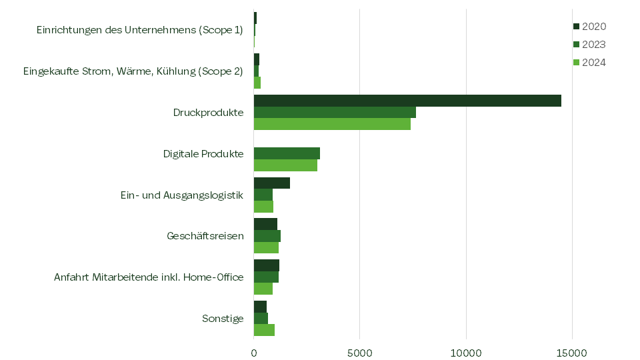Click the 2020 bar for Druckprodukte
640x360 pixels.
pyautogui.click(x=407, y=101)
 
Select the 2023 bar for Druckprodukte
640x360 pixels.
pyautogui.click(x=335, y=112)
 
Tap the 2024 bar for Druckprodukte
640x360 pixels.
pyautogui.click(x=332, y=124)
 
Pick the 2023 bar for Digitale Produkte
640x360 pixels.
pyautogui.click(x=287, y=153)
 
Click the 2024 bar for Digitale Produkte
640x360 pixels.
pyautogui.click(x=285, y=165)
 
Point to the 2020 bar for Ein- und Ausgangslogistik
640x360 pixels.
pyautogui.click(x=272, y=183)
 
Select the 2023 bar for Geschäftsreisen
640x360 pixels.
pyautogui.click(x=267, y=236)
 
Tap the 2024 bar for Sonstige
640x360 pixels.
pyautogui.click(x=264, y=330)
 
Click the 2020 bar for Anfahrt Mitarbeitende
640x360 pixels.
pyautogui.click(x=267, y=265)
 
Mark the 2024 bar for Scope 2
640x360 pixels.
pyautogui.click(x=257, y=83)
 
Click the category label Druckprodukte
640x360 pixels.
pyautogui.click(x=208, y=113)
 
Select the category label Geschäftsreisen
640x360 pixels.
pyautogui.click(x=205, y=236)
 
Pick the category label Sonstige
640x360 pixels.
pyautogui.click(x=223, y=319)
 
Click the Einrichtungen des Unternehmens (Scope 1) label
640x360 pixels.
pyautogui.click(x=140, y=30)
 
